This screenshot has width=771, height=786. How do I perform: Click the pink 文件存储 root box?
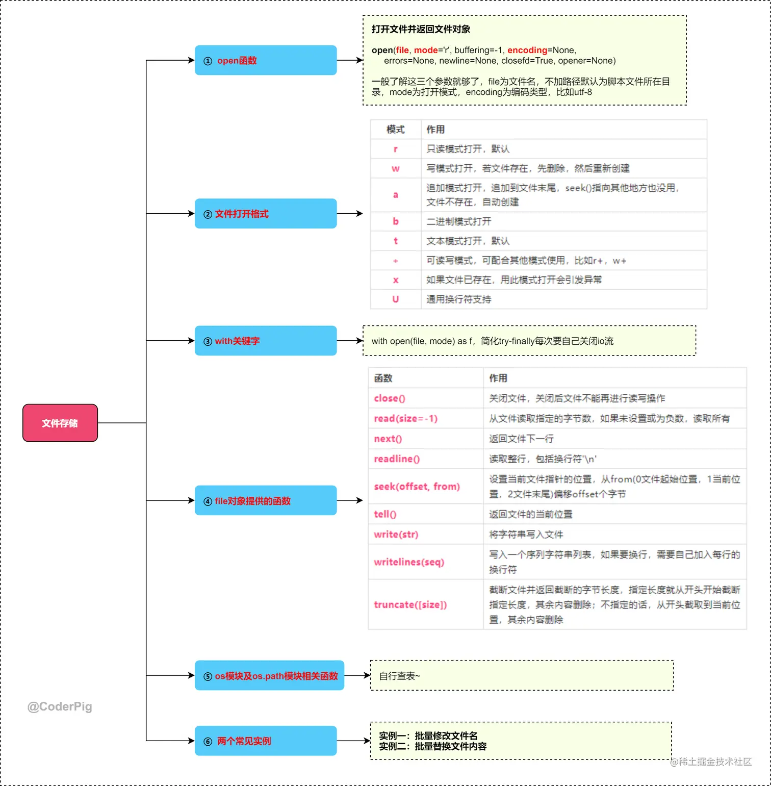tap(60, 423)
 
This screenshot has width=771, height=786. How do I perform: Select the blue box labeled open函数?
tap(265, 60)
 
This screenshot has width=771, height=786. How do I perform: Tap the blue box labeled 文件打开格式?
tap(265, 213)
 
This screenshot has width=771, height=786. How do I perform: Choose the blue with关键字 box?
tap(265, 341)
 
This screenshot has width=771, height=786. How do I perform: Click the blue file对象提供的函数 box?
tap(265, 500)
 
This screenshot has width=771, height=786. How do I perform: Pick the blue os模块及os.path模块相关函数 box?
tap(269, 675)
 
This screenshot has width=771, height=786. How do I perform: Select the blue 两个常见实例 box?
tap(265, 741)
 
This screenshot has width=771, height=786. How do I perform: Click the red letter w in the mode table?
tap(396, 168)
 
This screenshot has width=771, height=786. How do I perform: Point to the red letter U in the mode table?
tap(396, 299)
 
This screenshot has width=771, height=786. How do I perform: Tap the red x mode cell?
tap(396, 280)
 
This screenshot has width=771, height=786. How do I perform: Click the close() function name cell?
tap(390, 398)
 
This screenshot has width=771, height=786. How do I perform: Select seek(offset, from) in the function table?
tap(417, 487)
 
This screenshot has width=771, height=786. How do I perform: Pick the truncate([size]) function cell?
tap(410, 604)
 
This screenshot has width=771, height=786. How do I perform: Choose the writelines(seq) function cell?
tap(409, 562)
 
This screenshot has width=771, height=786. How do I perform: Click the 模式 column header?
tap(396, 130)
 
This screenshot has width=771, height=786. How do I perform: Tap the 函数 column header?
tap(383, 378)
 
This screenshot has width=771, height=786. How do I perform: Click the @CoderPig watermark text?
tap(60, 706)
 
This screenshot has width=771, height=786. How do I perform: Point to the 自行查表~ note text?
tap(400, 676)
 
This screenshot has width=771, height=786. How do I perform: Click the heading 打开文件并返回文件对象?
tap(421, 29)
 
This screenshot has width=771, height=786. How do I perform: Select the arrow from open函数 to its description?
tap(349, 60)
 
